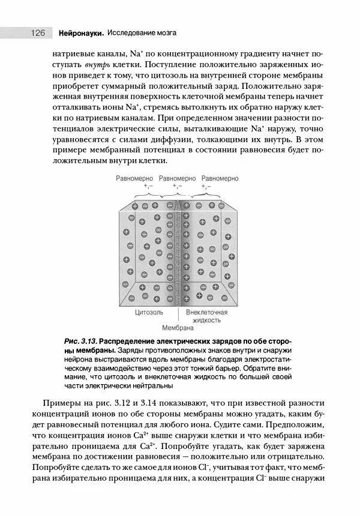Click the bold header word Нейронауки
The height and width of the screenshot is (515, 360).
tap(81, 33)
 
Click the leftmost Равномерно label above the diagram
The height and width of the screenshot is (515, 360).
tap(134, 179)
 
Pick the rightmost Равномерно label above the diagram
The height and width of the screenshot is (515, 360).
tap(220, 179)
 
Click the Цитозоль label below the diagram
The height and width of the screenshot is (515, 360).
tap(148, 313)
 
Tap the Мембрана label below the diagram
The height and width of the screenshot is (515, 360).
tap(178, 328)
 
